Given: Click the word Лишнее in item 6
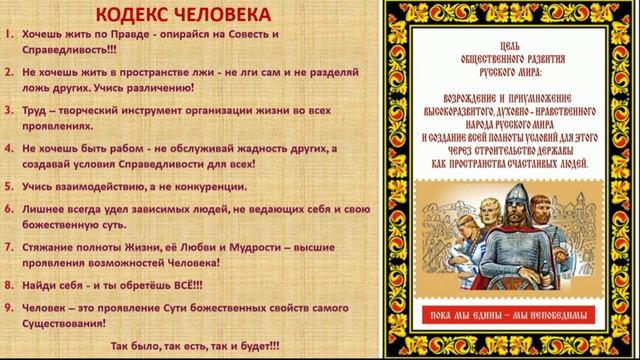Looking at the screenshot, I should pos(45,209).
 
